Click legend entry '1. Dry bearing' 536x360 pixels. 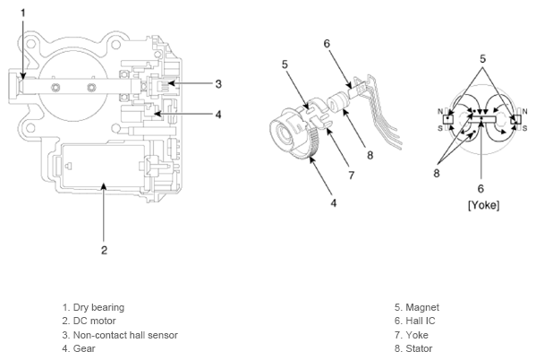(93, 307)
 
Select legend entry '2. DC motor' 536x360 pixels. (89, 321)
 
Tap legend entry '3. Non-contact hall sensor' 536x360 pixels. (120, 335)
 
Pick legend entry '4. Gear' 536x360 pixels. (79, 348)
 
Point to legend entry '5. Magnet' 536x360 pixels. (417, 307)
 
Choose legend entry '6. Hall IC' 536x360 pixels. (414, 321)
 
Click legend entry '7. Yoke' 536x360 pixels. (412, 335)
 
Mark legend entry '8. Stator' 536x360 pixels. (413, 348)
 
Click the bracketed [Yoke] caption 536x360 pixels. (483, 205)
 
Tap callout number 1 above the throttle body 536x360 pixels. (23, 13)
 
